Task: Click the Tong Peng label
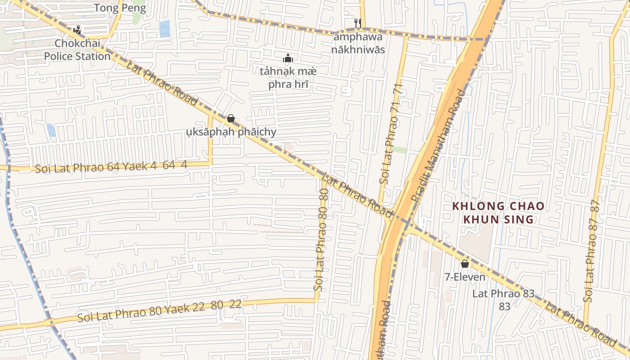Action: (x=120, y=8)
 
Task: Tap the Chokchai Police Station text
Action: (x=82, y=50)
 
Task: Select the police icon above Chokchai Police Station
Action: (x=77, y=30)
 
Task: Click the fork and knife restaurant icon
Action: (x=358, y=23)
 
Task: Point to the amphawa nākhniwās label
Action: (x=358, y=43)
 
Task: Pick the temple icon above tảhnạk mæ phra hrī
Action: (x=288, y=58)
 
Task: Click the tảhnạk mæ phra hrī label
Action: (x=288, y=77)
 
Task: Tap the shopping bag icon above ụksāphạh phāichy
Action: (x=231, y=118)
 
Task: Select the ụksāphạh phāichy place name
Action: (x=231, y=132)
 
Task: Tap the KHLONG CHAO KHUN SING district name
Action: (x=498, y=213)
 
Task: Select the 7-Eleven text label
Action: (x=465, y=277)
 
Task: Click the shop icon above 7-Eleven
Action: (x=465, y=264)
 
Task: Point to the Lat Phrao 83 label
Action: (x=503, y=299)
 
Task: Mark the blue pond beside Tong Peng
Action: (x=164, y=28)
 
